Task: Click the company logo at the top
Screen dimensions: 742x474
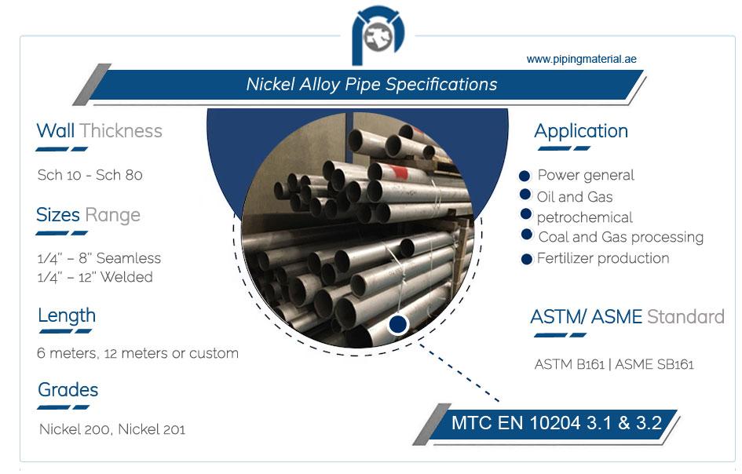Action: pos(378,35)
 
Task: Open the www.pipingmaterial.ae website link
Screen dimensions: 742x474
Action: pos(581,59)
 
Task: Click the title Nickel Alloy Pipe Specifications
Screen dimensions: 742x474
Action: pos(371,84)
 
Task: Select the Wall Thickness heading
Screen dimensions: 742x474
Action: pos(100,131)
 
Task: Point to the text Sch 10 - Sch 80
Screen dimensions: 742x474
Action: pos(90,175)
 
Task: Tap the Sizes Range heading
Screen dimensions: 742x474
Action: pos(89,215)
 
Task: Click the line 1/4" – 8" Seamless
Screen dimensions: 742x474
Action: pos(99,258)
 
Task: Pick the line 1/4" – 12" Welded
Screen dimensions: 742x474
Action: pos(95,277)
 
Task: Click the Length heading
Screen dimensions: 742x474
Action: pos(67,316)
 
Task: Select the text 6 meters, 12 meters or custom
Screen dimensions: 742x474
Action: pos(137,353)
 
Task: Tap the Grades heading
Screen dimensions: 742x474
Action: pos(68,390)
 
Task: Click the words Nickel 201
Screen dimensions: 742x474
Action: pos(152,429)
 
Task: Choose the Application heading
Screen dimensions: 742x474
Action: pos(581,131)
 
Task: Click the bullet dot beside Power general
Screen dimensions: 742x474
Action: pos(525,176)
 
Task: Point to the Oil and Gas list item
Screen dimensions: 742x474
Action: pos(575,197)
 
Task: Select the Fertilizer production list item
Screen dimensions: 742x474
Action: pos(603,258)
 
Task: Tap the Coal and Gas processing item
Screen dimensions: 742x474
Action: pos(621,237)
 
